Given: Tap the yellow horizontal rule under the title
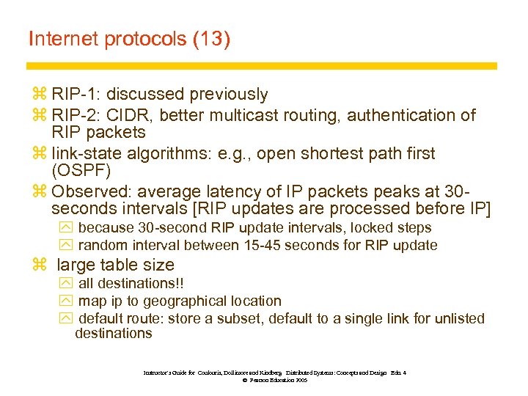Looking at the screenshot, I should [x=264, y=66].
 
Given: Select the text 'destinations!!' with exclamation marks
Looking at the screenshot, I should [x=131, y=284].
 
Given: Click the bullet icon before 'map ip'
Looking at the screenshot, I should [x=65, y=301].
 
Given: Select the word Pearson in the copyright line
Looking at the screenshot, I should [x=262, y=381].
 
